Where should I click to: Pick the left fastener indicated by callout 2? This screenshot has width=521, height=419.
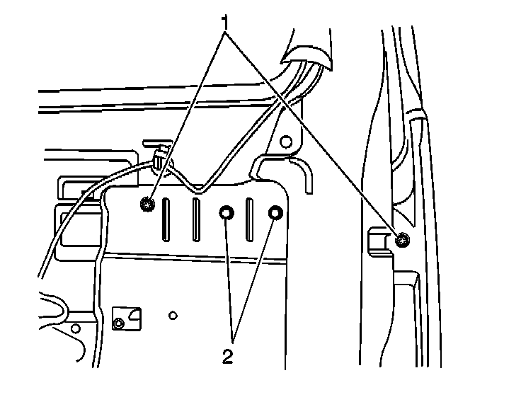227,213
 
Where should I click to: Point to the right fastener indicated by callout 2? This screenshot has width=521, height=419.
275,213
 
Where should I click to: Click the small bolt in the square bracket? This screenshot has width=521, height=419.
118,323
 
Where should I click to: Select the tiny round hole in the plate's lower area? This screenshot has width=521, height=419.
173,314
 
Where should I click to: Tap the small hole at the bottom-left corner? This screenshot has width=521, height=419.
75,328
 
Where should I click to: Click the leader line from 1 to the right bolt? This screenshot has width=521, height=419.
311,131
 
